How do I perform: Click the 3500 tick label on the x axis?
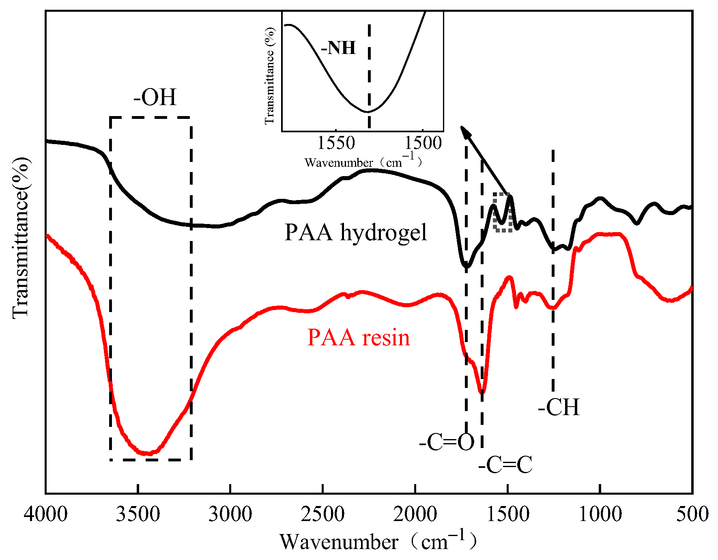138,514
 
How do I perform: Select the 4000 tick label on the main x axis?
45,514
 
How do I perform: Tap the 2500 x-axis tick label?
322,514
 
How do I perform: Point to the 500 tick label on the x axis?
692,514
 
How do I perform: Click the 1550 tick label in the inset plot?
336,143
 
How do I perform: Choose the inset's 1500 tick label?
423,143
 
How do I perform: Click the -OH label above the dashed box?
155,97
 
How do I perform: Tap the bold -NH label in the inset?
338,48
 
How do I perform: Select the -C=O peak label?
447,442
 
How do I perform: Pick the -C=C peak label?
505,465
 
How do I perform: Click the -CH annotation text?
559,407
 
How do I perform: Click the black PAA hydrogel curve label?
356,233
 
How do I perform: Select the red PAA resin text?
359,338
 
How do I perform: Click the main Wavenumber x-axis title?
377,542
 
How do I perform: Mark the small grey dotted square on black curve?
503,212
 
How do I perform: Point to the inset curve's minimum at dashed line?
368,111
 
